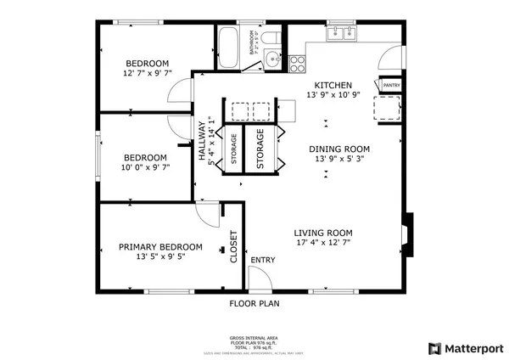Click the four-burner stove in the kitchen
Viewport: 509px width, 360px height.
coord(297,60)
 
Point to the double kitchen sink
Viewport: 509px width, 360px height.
coord(344,34)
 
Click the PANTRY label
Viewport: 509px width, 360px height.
coord(391,86)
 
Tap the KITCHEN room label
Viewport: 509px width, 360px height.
coord(333,86)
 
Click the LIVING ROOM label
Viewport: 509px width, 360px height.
coord(323,233)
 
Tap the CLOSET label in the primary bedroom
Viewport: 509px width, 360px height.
coord(234,247)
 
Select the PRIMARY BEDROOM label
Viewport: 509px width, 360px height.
coord(160,247)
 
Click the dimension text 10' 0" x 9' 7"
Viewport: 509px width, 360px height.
coord(145,167)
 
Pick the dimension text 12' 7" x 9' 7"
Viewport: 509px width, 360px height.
coord(148,73)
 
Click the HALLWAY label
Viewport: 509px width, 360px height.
coord(202,141)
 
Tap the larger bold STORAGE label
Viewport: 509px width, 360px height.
coord(260,149)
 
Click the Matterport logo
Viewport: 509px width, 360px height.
coord(466,348)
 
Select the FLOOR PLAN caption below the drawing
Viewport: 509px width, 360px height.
coord(255,302)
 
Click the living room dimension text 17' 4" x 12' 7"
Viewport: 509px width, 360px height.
coord(323,244)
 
